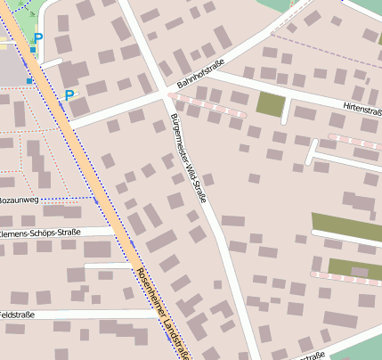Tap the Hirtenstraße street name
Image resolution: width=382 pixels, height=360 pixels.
361,107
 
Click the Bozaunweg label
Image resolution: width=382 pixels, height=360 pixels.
19,200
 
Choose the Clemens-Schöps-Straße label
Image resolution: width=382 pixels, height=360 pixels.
39,233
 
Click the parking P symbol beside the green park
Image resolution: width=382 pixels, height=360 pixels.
37,38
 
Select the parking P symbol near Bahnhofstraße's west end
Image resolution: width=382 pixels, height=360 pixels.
69,94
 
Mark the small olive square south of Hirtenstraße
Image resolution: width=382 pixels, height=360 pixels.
269,103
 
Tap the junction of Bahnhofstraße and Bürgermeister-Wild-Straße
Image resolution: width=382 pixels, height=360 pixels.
167,93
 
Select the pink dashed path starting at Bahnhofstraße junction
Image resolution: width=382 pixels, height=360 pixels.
209,104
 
